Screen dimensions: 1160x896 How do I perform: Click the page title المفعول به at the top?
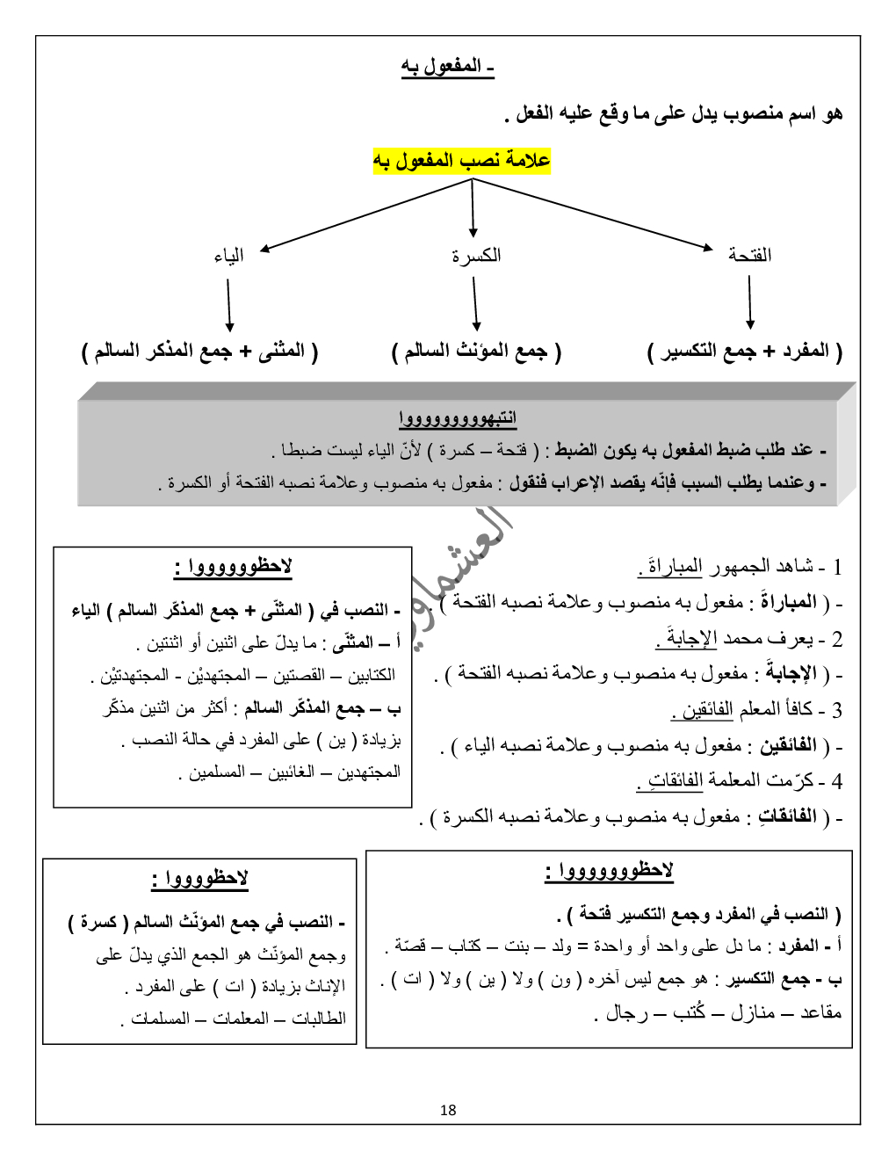(x=448, y=67)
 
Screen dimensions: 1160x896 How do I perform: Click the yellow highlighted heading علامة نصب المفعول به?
(x=462, y=161)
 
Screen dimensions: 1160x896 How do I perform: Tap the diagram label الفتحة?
(x=749, y=255)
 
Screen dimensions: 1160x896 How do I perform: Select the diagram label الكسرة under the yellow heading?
(x=476, y=256)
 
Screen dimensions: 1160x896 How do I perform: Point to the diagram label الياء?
(x=228, y=256)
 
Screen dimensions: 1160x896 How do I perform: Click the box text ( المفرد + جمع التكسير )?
(x=745, y=352)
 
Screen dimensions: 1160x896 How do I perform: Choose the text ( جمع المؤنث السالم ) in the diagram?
(x=476, y=352)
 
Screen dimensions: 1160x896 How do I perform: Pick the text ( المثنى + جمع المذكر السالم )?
(x=200, y=352)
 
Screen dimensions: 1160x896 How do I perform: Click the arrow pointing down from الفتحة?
(x=750, y=302)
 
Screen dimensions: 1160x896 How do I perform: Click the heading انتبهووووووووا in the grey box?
(x=458, y=418)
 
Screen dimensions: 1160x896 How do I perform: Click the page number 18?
(x=448, y=1110)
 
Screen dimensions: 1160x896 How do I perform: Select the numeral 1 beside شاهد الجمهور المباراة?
(x=837, y=567)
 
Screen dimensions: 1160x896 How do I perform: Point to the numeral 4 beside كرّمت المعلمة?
(x=837, y=781)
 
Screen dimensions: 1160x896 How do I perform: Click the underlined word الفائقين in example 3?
(x=707, y=709)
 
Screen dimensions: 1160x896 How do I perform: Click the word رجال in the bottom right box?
(x=627, y=1013)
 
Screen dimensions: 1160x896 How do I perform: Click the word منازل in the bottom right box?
(x=753, y=1013)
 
